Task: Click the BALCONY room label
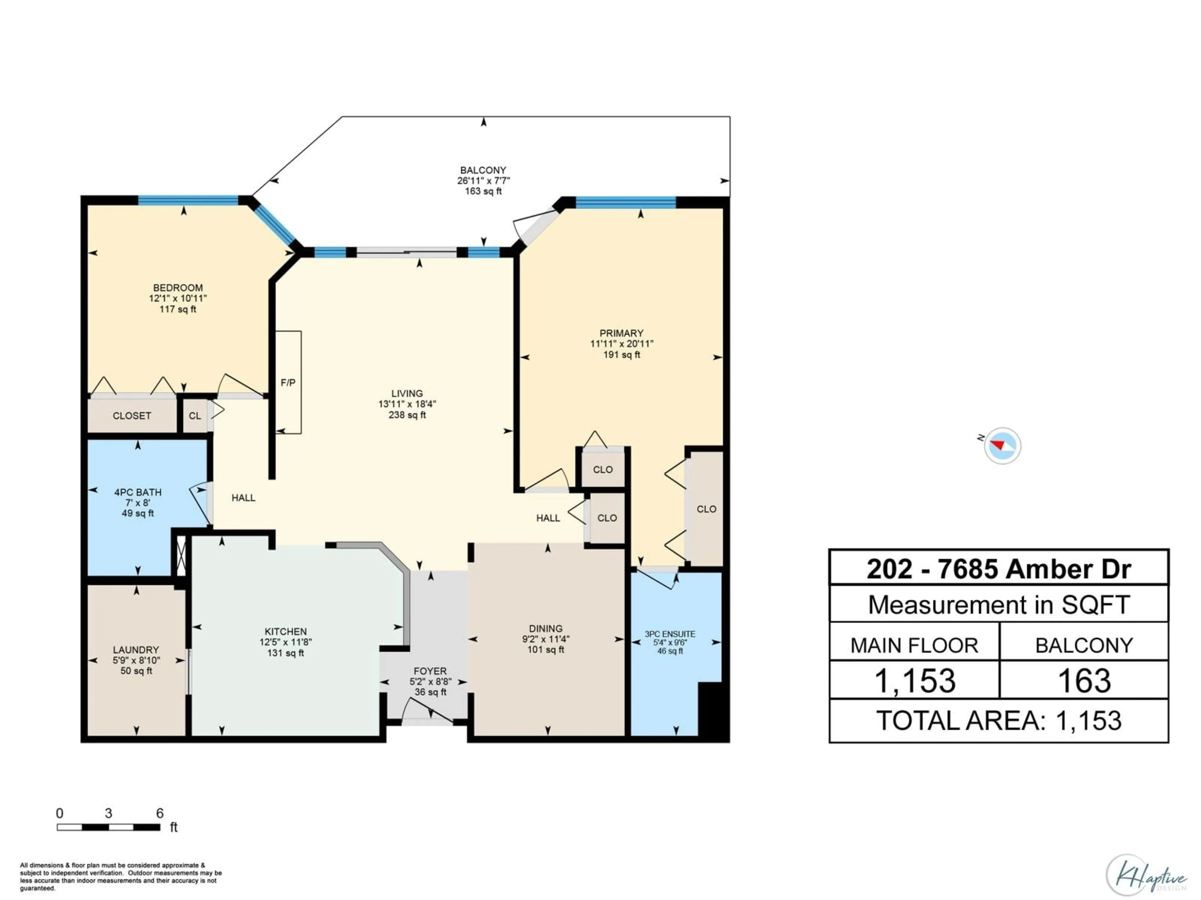tap(483, 170)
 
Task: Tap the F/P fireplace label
tap(288, 382)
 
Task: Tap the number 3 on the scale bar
tap(109, 813)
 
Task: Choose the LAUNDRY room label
tap(136, 649)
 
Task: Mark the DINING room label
tap(546, 628)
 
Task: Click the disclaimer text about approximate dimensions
tap(120, 877)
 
